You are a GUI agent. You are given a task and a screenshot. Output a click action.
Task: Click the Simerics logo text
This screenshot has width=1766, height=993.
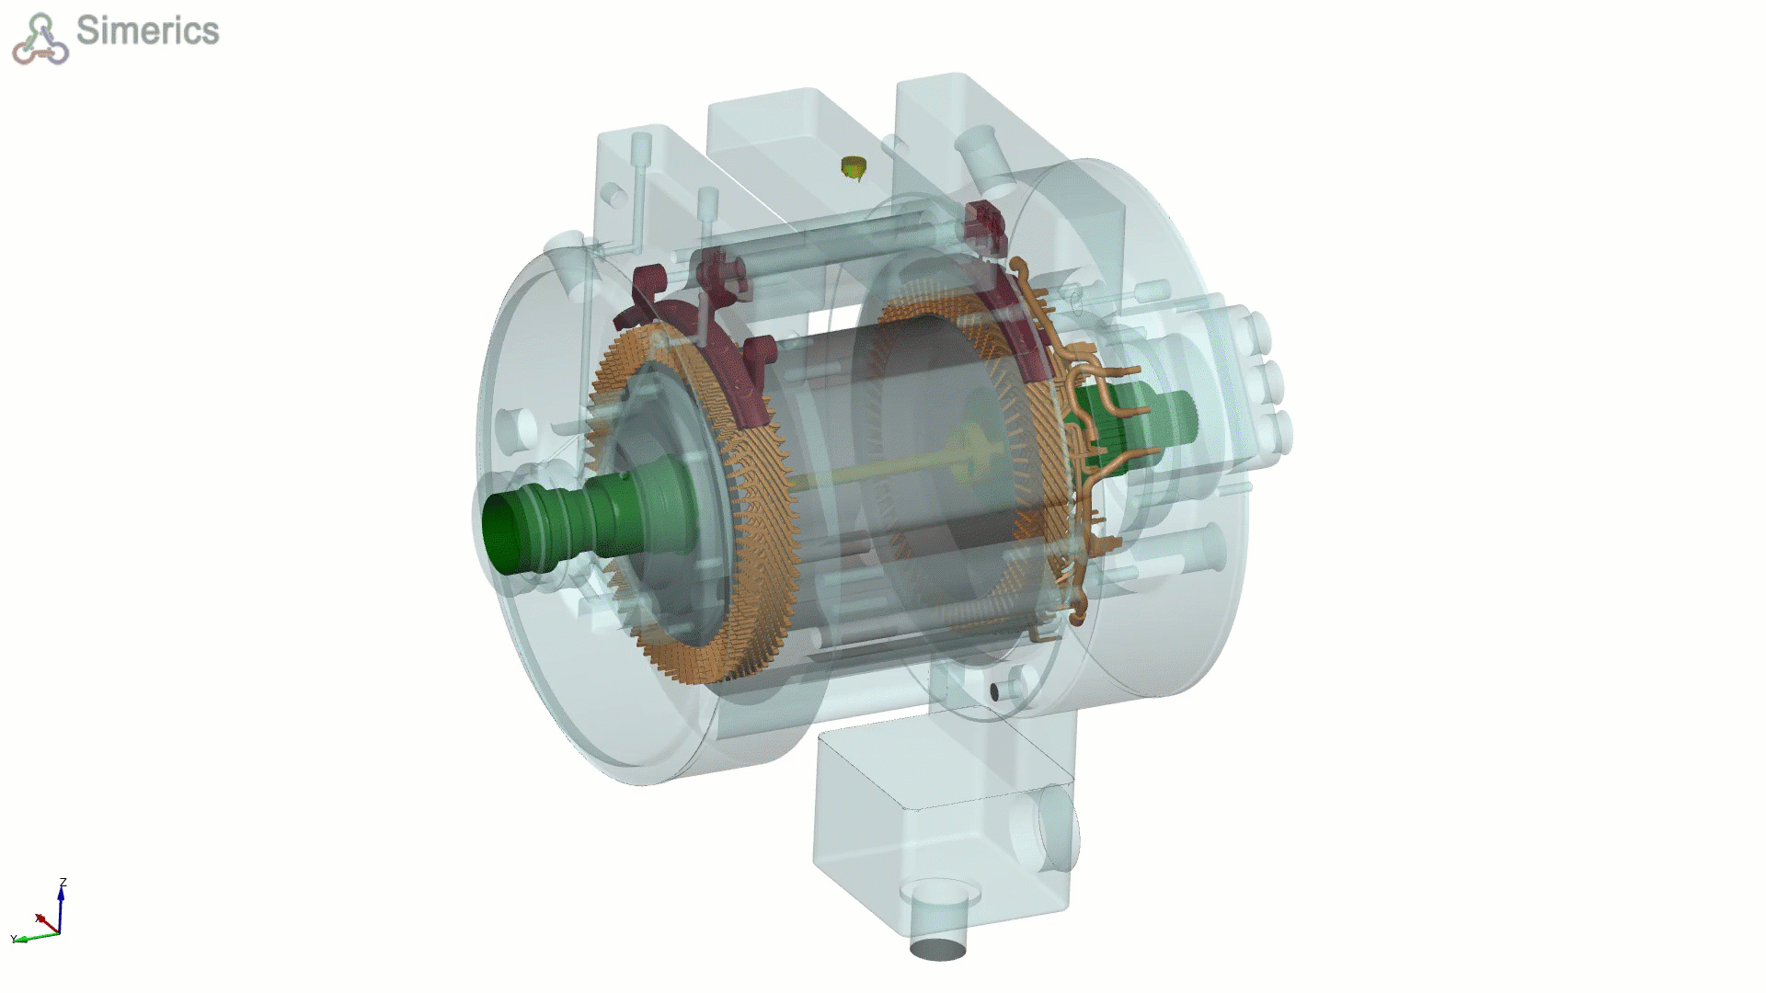point(148,30)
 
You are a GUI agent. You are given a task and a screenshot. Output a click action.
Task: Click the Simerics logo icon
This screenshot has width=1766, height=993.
point(40,39)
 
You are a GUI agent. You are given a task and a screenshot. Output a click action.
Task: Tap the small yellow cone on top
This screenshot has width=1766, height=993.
point(854,167)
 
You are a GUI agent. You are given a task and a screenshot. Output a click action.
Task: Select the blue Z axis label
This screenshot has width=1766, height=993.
point(63,883)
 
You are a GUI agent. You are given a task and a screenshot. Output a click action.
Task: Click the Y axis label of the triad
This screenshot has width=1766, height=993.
point(14,939)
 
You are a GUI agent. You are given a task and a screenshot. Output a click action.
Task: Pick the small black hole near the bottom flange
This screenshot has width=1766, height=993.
point(994,691)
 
